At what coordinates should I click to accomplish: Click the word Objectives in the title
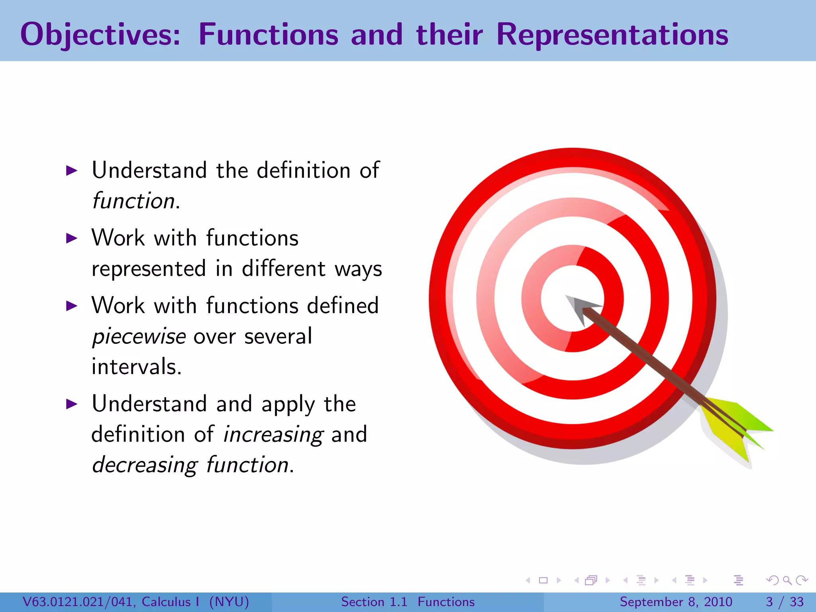(x=100, y=35)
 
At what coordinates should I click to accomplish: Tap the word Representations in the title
(x=612, y=35)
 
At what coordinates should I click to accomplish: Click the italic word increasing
(x=273, y=435)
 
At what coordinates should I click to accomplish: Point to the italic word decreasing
(x=144, y=465)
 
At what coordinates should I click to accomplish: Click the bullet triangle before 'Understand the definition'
(x=71, y=171)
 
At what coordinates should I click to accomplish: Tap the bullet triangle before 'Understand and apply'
(x=71, y=404)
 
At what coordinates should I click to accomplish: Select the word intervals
(x=136, y=367)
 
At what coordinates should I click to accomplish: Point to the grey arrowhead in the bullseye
(x=580, y=308)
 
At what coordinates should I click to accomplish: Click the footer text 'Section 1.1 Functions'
(x=408, y=602)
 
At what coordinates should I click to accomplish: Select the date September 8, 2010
(x=676, y=602)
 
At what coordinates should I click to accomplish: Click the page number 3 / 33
(x=784, y=602)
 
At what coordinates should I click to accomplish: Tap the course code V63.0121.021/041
(x=79, y=602)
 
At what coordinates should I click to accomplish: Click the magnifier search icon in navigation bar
(x=787, y=580)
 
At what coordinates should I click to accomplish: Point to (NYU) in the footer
(x=229, y=602)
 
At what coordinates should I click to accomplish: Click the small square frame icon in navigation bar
(x=543, y=580)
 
